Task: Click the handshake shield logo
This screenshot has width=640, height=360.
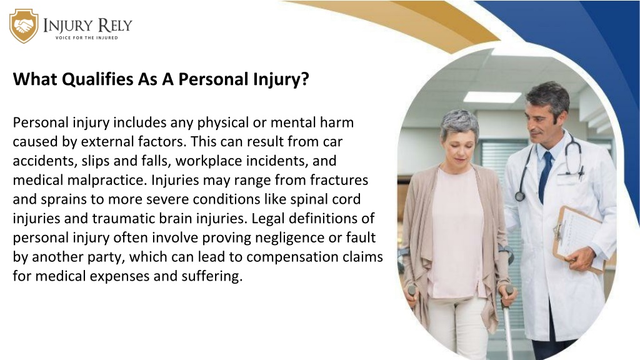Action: pos(24,26)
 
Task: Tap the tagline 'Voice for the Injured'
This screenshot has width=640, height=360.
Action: pos(86,37)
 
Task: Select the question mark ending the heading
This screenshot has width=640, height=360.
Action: pos(304,79)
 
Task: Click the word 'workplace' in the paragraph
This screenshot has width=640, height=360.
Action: pos(209,161)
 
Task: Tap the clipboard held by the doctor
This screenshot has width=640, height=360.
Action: pos(579,238)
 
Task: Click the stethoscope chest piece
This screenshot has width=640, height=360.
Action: pos(519,196)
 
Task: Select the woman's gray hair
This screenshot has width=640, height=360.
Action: pos(460,124)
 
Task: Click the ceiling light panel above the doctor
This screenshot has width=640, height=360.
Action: pos(492,97)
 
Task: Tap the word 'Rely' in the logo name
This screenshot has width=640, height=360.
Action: pos(115,25)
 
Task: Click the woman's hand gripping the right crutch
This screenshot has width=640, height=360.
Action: pos(508,295)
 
